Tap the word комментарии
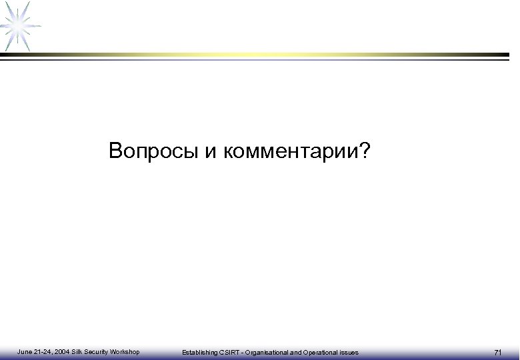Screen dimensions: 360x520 (292, 152)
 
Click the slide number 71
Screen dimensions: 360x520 (497, 352)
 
